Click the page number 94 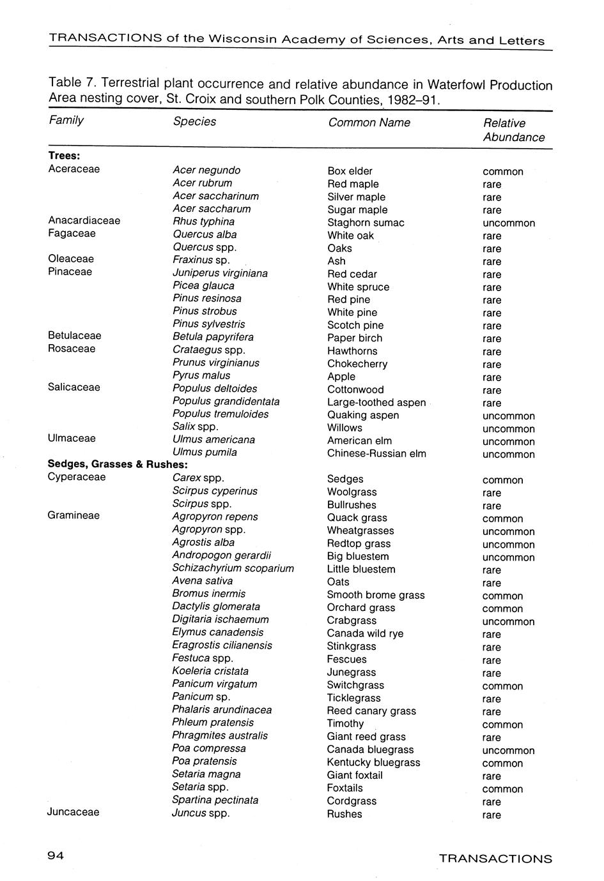click(x=56, y=857)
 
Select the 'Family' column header click(x=66, y=120)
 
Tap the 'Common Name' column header click(x=369, y=123)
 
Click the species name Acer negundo click(x=206, y=170)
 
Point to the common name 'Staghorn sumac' click(x=366, y=223)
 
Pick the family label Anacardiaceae click(x=84, y=220)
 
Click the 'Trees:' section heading click(x=64, y=156)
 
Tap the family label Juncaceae click(x=73, y=812)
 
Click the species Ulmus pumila click(x=205, y=452)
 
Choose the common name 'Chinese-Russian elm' click(x=376, y=453)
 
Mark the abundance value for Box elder click(x=502, y=172)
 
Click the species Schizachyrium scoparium click(x=233, y=568)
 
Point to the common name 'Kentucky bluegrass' click(x=373, y=762)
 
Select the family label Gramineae click(x=74, y=515)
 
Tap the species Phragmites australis click(x=219, y=735)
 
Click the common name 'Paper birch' click(x=354, y=338)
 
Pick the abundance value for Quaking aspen click(x=509, y=416)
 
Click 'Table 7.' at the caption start click(x=72, y=83)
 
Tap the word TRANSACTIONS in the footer click(x=495, y=859)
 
